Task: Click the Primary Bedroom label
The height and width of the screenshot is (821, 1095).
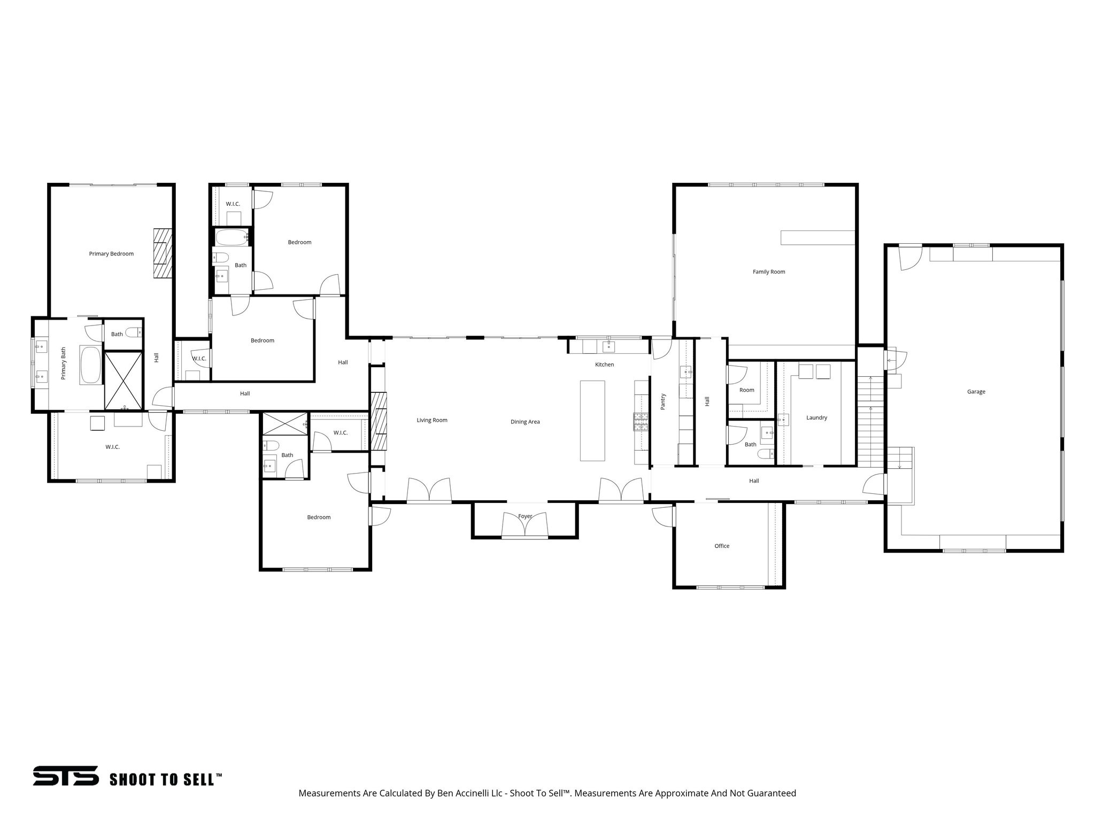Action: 111,254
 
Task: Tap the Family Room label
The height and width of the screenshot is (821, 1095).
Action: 769,272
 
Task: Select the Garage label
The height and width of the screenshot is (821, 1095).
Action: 976,392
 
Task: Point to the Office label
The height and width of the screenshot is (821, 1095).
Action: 722,546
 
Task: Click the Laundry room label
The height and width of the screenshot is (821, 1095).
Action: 816,417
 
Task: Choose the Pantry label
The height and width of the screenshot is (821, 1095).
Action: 664,401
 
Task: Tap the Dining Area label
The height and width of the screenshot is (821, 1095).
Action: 525,422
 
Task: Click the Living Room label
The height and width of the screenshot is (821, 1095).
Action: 432,420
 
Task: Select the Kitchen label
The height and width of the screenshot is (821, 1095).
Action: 605,365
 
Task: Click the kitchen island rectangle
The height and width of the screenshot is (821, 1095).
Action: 592,421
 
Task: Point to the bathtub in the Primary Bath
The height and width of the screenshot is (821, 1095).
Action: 90,365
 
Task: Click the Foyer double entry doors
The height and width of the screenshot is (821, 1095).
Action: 525,525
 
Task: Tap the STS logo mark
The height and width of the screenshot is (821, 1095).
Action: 66,776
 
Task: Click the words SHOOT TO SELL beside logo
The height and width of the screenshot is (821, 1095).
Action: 165,779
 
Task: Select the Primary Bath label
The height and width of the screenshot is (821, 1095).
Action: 64,363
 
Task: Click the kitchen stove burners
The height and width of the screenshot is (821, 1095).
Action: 641,422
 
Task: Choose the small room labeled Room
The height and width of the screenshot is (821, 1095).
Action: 747,390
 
